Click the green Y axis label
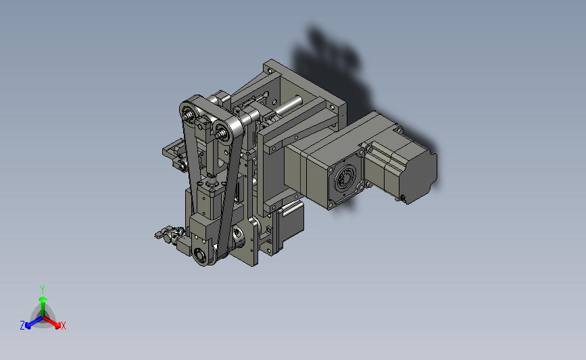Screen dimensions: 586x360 point(42,290)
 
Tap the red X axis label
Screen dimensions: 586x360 point(63,326)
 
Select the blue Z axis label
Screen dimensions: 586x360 point(22,326)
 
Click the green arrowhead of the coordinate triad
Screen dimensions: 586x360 point(43,299)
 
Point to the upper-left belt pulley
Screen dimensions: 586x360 point(189,111)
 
